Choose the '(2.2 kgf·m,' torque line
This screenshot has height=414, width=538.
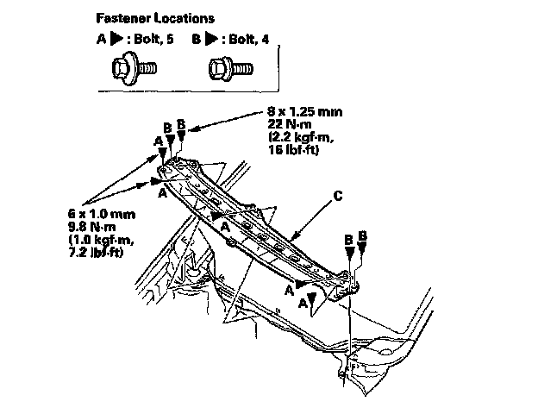(x=290, y=139)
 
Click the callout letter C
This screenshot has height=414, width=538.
(x=339, y=198)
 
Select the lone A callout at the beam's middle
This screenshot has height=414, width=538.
(x=225, y=225)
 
